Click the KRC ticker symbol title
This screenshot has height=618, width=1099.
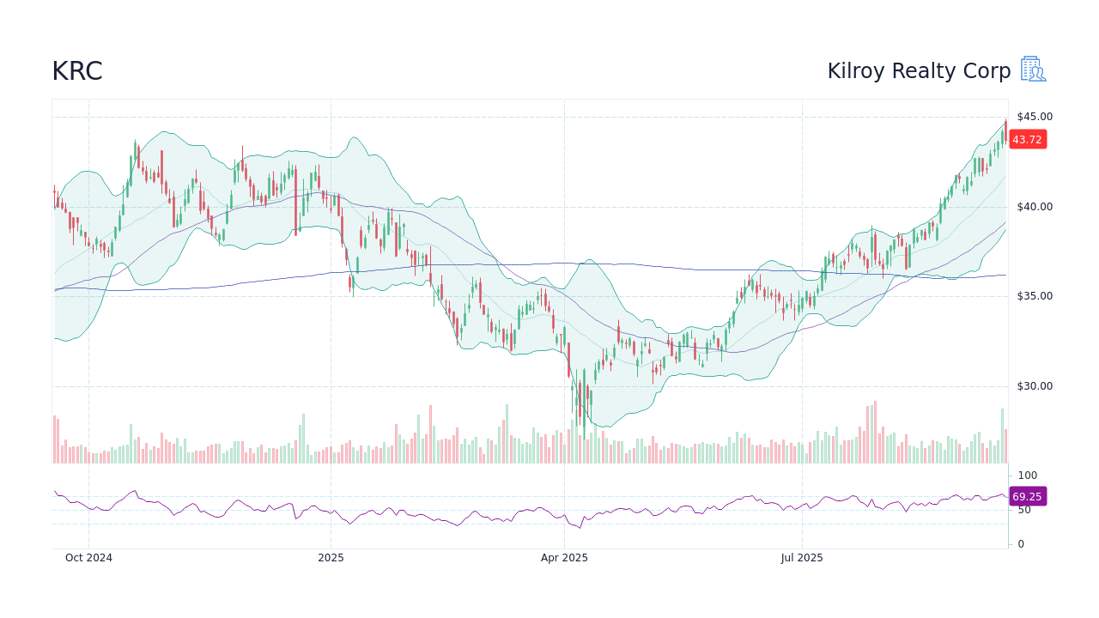77,71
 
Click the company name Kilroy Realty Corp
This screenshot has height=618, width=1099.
919,71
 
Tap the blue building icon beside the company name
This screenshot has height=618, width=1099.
1033,70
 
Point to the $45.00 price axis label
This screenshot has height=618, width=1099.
1034,117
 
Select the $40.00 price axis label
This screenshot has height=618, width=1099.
1034,207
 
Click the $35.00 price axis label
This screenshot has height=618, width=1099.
1034,296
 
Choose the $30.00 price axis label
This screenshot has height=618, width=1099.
1034,386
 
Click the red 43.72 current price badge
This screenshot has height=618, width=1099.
1027,140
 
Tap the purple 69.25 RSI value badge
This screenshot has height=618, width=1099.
1027,497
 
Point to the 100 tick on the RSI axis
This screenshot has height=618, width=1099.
1028,476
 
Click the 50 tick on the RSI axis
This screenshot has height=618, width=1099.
1024,510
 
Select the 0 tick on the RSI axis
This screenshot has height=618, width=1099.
1021,544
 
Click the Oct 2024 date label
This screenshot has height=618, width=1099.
88,558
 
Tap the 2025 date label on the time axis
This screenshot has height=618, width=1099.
331,558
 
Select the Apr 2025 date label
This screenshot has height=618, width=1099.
564,558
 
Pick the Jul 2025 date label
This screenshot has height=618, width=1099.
802,558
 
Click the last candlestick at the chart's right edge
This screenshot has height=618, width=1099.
1005,130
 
